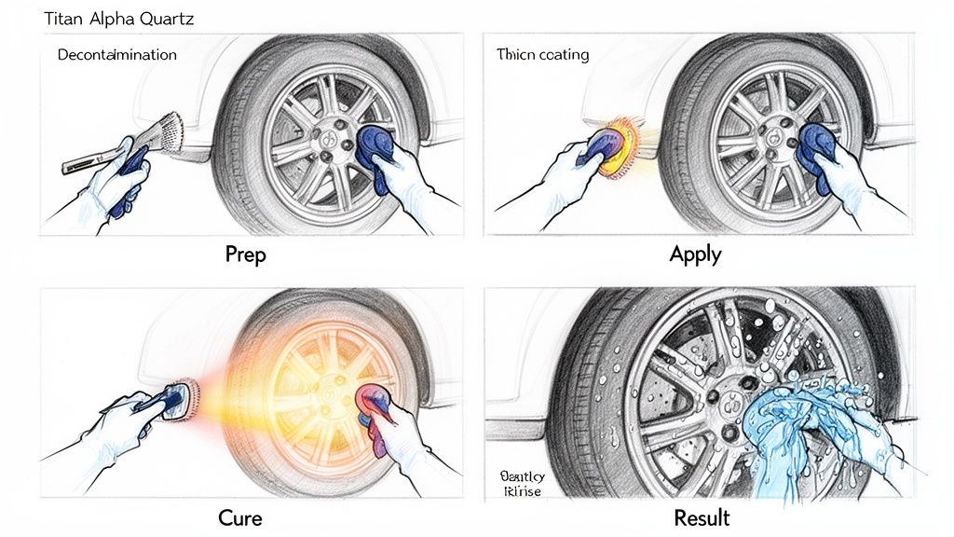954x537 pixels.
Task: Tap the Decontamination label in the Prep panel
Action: [x=116, y=55]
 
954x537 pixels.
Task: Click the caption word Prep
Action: [x=246, y=254]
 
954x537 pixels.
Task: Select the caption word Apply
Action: [x=695, y=254]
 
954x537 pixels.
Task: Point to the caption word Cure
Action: [x=239, y=517]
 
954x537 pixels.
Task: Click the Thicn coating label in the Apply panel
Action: [x=543, y=55]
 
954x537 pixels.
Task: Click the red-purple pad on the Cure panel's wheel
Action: [x=377, y=408]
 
